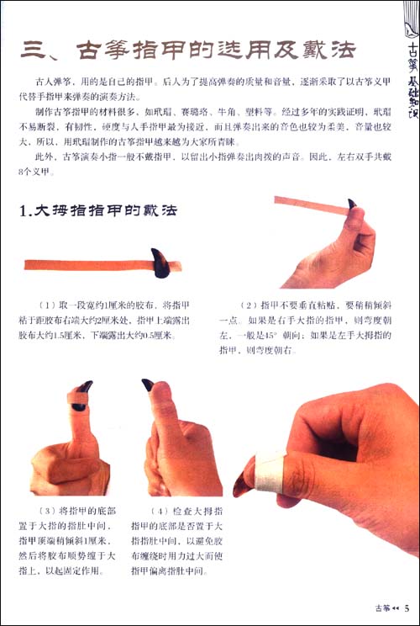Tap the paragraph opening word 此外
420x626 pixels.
pos(44,155)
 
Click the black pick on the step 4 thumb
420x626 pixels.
pos(148,385)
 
